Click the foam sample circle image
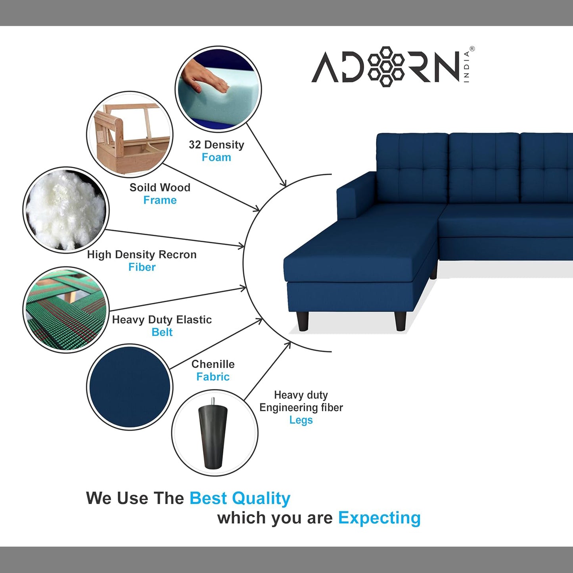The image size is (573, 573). (218, 89)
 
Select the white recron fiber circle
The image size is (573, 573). (66, 210)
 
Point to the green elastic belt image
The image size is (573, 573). (66, 310)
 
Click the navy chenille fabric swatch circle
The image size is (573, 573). (130, 387)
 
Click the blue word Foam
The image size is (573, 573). (216, 157)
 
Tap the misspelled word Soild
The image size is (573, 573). (140, 188)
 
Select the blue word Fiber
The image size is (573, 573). (142, 267)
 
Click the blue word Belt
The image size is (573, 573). (162, 332)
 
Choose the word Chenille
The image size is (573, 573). (213, 364)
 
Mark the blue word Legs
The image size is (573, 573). (301, 420)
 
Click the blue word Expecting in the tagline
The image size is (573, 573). (379, 518)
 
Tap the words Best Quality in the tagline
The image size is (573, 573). (240, 498)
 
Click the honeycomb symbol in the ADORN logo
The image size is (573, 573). (386, 66)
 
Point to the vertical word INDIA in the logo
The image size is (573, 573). (466, 67)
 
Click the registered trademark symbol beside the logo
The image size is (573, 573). (472, 49)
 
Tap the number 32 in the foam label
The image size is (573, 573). (195, 145)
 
